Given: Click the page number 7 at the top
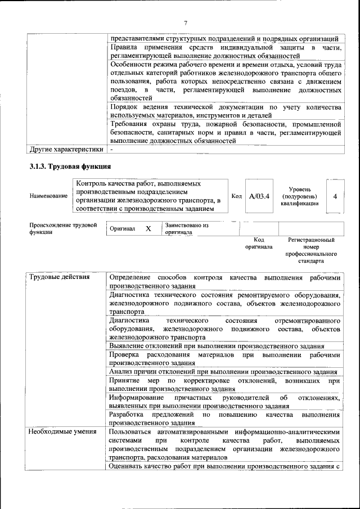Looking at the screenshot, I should pyautogui.click(x=186, y=22).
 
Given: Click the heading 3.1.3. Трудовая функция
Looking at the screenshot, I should pyautogui.click(x=70, y=166).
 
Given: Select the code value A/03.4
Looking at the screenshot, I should pyautogui.click(x=259, y=196).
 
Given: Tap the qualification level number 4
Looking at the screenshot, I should pyautogui.click(x=335, y=196).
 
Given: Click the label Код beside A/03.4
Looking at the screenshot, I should pyautogui.click(x=237, y=196).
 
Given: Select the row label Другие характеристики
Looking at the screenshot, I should pyautogui.click(x=66, y=150).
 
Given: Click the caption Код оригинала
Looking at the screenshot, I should pyautogui.click(x=259, y=243).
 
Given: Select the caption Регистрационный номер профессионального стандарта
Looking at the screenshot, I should pyautogui.click(x=311, y=250).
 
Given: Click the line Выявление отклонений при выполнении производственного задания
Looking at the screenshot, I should pyautogui.click(x=217, y=345).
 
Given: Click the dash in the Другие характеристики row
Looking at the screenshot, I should pyautogui.click(x=112, y=150).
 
